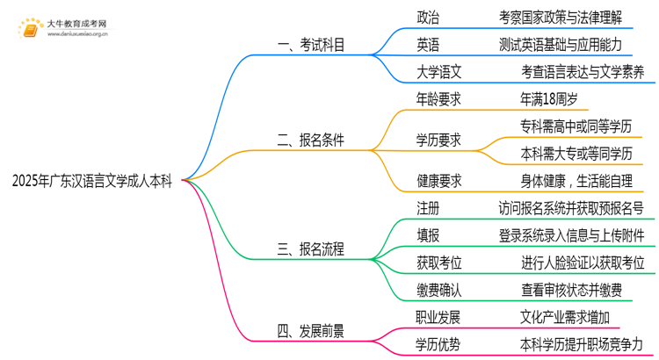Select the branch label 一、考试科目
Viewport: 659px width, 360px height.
[311, 43]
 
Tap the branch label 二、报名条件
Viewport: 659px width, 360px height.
[311, 140]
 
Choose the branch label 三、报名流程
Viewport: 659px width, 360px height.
[311, 249]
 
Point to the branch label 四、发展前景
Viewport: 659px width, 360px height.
[311, 331]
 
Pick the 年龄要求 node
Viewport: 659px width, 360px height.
[439, 99]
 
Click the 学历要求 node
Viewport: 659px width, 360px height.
[439, 140]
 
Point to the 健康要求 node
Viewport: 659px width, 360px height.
[439, 181]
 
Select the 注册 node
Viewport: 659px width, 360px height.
[428, 208]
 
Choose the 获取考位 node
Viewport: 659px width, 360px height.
[439, 263]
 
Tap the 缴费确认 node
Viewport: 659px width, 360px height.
[439, 290]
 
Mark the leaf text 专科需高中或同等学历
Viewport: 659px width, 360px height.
[576, 126]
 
